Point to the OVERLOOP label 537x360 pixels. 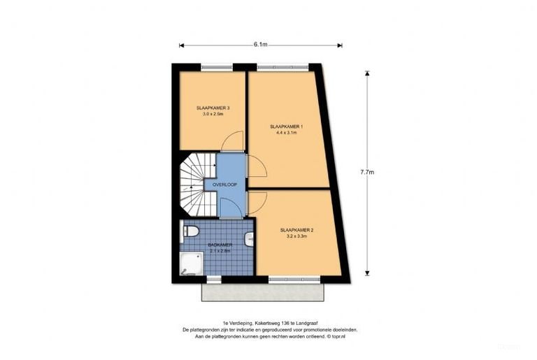point(224,184)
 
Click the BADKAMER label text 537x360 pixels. point(219,245)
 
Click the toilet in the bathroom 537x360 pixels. point(191,230)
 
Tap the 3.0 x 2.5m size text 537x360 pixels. point(213,114)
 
